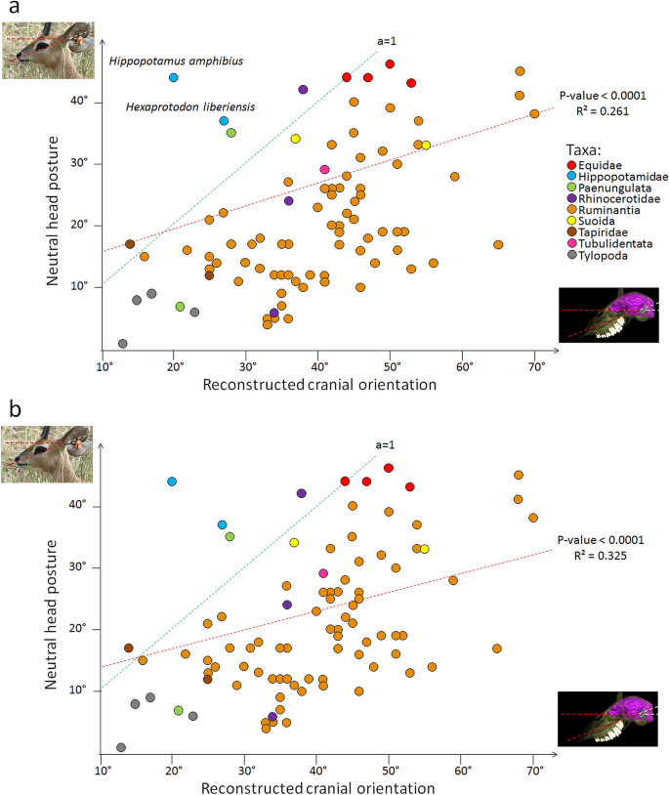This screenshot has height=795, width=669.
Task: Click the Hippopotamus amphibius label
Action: pyautogui.click(x=175, y=62)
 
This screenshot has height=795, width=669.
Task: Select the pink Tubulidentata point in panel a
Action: pyautogui.click(x=324, y=169)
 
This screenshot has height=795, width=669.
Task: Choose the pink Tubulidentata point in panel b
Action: pyautogui.click(x=323, y=573)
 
